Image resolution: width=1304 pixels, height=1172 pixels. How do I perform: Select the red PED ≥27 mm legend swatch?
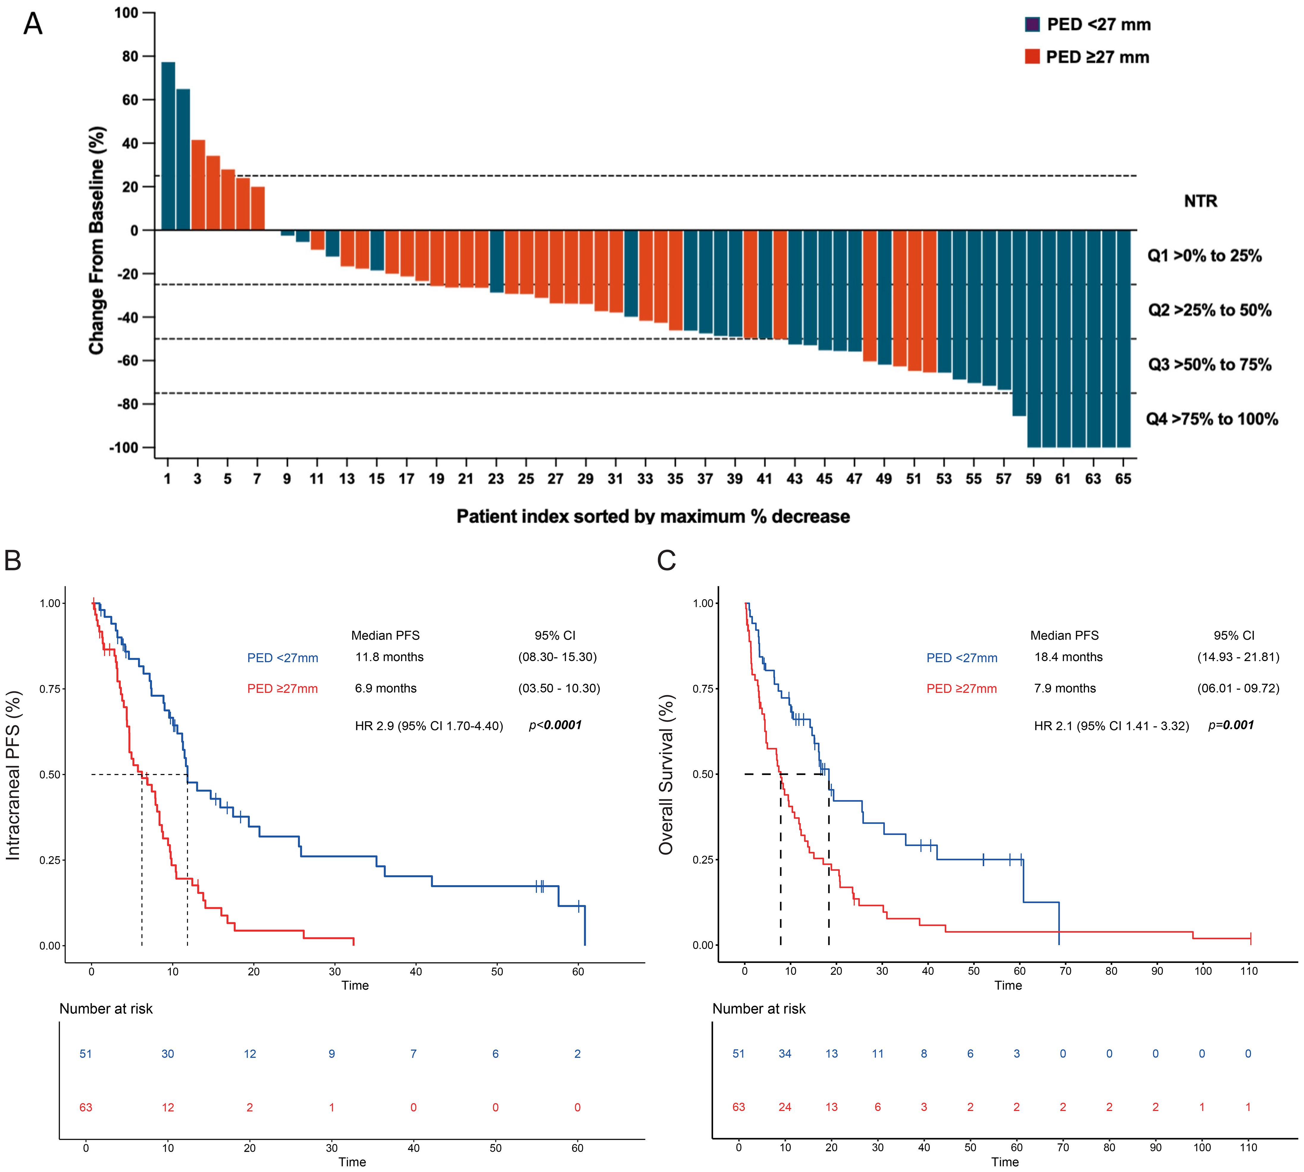click(1032, 57)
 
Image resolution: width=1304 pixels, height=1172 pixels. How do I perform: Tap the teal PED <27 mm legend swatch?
click(1032, 24)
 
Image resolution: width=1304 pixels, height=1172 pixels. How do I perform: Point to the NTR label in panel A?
click(1200, 202)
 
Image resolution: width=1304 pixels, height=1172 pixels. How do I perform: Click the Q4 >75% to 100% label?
click(1211, 419)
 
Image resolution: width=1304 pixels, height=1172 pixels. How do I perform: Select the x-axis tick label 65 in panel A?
click(1123, 478)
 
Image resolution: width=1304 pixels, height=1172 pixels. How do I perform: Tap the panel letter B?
click(13, 560)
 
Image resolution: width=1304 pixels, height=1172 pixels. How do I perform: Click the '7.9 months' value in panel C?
click(1064, 688)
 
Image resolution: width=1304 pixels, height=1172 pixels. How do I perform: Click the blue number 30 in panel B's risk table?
click(167, 1054)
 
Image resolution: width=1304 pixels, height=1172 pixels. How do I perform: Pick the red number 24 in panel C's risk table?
click(785, 1107)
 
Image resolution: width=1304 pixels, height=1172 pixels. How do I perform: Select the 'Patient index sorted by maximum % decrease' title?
click(653, 517)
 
